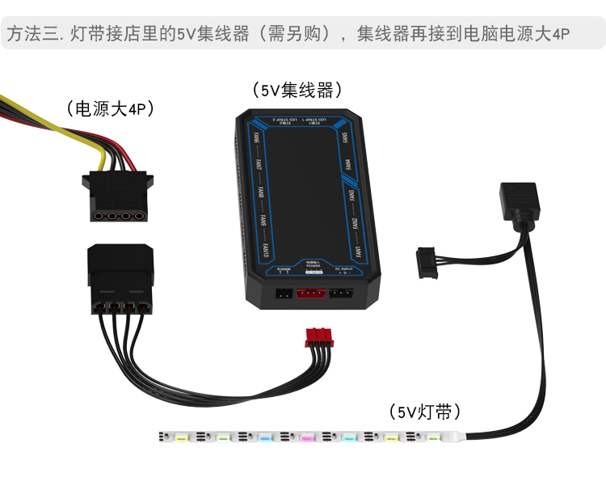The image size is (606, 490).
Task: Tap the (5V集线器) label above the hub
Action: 297,90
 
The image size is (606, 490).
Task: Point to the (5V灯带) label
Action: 424,412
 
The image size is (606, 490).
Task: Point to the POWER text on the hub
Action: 314,267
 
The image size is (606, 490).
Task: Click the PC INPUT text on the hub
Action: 343,268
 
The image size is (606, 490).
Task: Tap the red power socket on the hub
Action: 312,294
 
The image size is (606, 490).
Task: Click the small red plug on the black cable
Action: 319,337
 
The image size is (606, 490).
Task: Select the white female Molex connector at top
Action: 116,196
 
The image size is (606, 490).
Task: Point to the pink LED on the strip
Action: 307,437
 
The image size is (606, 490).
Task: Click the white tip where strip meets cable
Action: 455,437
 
